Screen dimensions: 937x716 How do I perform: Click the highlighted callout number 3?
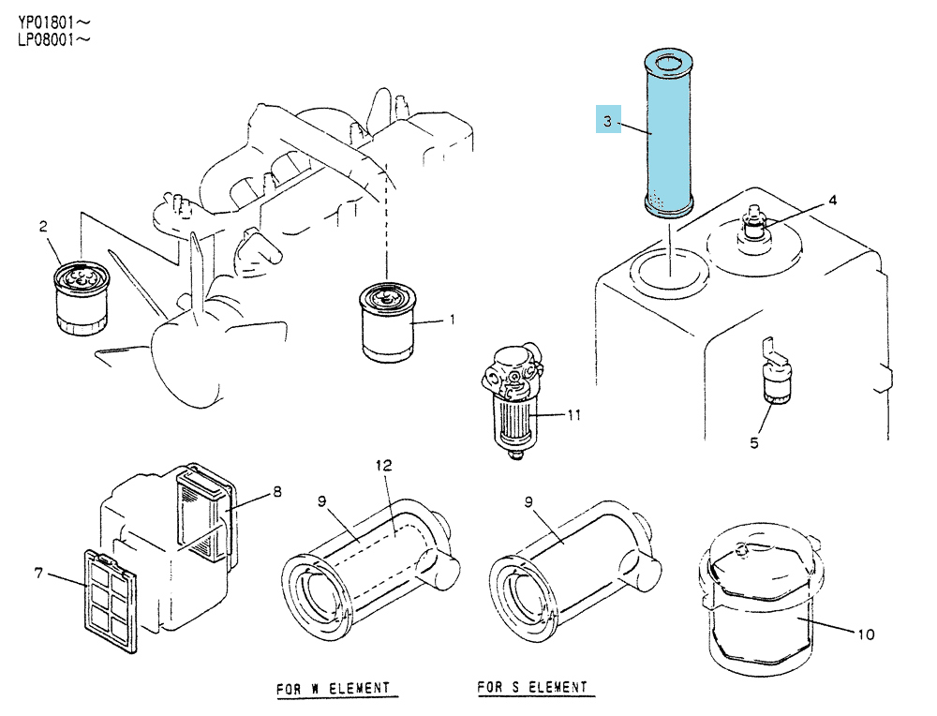608,121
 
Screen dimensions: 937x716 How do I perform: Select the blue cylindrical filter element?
669,133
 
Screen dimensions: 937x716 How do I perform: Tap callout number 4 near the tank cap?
832,201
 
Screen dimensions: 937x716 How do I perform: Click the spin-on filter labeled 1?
388,322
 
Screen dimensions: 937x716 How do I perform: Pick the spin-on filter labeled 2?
82,298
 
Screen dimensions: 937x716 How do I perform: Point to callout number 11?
574,414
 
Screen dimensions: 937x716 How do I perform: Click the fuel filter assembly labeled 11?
513,400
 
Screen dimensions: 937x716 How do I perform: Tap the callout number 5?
754,443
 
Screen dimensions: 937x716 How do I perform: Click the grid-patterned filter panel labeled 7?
111,601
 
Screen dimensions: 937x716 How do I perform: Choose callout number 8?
277,491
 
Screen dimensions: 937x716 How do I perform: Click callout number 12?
384,465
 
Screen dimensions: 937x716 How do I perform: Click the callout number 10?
866,634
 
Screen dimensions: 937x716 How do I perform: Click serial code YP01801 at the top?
47,22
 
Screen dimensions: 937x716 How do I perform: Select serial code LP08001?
47,40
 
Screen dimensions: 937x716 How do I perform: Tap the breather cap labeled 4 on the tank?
754,231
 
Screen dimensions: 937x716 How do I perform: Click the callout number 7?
38,574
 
